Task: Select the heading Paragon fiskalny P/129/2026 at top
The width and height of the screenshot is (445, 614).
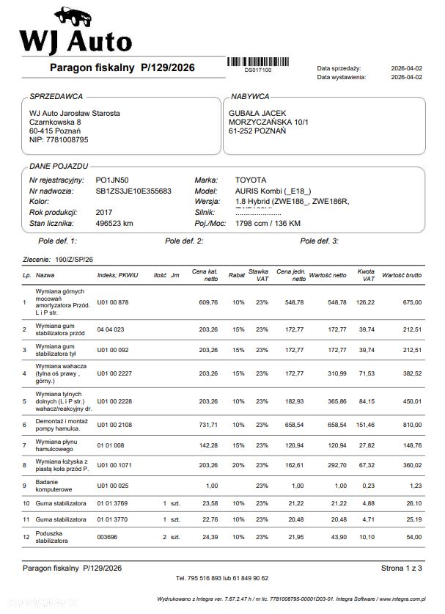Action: [x=122, y=68]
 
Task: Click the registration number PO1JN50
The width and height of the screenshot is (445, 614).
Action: [x=111, y=180]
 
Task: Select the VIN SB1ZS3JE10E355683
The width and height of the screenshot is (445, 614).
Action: [x=133, y=191]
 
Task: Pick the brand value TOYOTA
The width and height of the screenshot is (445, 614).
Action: [x=251, y=180]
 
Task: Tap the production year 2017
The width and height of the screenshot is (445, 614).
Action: [x=104, y=212]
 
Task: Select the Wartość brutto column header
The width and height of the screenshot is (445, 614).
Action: [x=402, y=276]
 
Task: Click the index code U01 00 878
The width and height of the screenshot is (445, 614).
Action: [x=113, y=302]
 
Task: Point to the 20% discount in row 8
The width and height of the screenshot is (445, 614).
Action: [x=238, y=465]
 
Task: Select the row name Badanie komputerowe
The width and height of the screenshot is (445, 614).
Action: [x=54, y=485]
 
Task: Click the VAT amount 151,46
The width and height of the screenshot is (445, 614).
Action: [x=364, y=425]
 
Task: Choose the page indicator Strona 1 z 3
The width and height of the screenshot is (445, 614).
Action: [x=402, y=568]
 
